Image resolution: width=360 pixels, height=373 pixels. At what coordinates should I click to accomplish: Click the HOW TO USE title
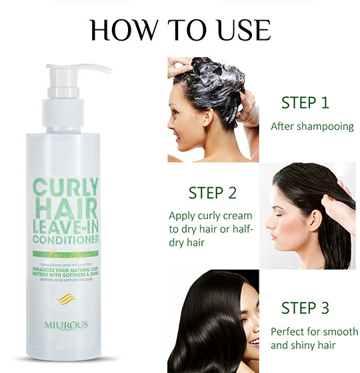[180, 30]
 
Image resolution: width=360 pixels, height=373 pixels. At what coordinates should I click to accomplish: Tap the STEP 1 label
[305, 103]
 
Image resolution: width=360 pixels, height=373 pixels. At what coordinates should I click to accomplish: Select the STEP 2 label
[212, 193]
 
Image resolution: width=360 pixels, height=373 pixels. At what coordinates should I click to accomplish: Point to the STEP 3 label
[305, 308]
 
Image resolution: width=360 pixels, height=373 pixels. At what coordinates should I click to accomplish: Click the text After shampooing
[311, 126]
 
